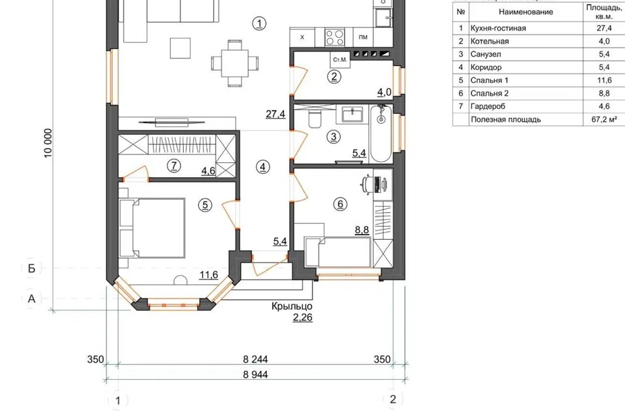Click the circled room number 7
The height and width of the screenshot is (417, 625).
[x=174, y=165]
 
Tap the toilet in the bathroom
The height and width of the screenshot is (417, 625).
[x=314, y=119]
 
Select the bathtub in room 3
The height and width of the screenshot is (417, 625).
[x=381, y=134]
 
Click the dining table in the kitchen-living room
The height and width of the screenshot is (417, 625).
[x=235, y=63]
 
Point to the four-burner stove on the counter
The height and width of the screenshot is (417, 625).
[x=335, y=38]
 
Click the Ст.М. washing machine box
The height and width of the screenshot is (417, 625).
[x=340, y=59]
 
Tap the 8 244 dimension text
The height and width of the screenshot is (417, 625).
[x=255, y=359]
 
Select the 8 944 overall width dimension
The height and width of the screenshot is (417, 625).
[x=255, y=374]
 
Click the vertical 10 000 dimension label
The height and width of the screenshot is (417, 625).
[x=48, y=143]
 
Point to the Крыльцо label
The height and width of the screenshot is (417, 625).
[x=292, y=306]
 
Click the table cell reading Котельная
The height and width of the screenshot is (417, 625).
[x=490, y=41]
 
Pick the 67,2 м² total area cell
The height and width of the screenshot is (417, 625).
[x=604, y=119]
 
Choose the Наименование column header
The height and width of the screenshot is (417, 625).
[x=526, y=12]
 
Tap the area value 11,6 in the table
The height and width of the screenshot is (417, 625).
[x=604, y=80]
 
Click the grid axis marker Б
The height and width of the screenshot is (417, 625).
[x=31, y=268]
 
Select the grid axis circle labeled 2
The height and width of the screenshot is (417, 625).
[x=393, y=399]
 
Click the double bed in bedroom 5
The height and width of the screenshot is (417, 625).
[x=152, y=228]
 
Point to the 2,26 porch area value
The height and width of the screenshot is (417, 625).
[x=303, y=318]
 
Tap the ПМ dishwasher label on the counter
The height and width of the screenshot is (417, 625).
[x=363, y=37]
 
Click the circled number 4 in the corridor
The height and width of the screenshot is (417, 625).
[x=262, y=167]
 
